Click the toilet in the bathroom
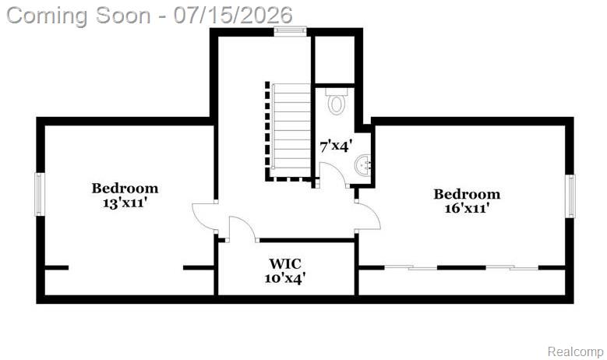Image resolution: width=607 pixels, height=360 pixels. tap(337, 101)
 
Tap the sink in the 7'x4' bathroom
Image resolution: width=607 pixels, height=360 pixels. tap(363, 166)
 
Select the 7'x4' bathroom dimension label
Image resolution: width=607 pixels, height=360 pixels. tap(336, 146)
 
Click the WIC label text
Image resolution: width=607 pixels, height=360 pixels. tap(285, 263)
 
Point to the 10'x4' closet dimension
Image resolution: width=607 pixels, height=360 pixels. tap(285, 278)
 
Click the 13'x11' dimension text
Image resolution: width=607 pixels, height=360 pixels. tap(125, 203)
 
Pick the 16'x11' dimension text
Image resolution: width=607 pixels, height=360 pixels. tap(467, 208)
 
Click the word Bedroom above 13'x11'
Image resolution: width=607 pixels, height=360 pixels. tap(125, 189)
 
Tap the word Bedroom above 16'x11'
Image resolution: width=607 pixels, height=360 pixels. tap(467, 194)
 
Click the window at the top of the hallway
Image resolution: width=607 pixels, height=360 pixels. tap(291, 31)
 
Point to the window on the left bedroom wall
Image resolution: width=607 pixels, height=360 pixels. tap(40, 194)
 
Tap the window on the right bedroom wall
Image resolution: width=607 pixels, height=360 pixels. tap(570, 196)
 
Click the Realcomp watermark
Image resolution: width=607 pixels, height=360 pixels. tap(575, 352)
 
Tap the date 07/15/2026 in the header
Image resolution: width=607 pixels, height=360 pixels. tap(233, 16)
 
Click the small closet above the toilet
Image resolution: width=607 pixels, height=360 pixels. tap(335, 60)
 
